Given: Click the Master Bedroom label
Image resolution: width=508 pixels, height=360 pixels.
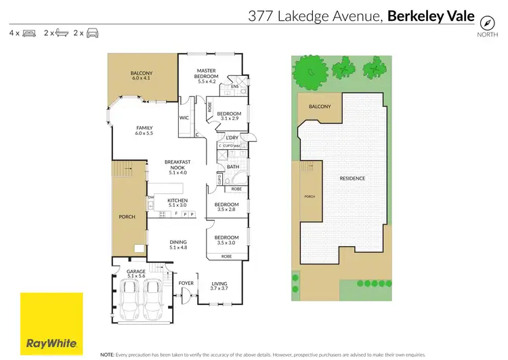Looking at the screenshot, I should pos(206,73).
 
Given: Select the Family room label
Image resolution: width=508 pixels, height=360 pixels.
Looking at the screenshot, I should pos(144,130).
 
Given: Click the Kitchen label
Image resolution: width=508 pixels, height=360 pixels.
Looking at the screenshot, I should pos(177,203).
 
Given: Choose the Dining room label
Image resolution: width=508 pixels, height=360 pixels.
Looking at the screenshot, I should pos(177,245).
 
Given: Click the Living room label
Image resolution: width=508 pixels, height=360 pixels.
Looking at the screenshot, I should pos(219,286).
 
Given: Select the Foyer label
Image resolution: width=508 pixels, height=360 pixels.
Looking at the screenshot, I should pos(186,283).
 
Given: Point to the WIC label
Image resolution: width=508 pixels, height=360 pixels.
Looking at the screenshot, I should pos(184,117).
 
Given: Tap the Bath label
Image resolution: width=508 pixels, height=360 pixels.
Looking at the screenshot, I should pos(233,166).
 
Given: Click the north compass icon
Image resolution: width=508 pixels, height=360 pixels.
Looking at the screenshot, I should pos(485,20).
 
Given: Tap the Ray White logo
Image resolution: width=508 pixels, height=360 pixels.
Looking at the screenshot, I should pos(51,323).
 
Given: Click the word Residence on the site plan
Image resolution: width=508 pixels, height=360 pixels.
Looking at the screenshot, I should pos(352,178).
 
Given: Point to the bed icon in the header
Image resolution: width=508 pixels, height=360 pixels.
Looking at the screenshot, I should pos(28,33).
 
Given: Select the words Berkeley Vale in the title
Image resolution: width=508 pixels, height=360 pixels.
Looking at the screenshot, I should pos(431,16).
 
